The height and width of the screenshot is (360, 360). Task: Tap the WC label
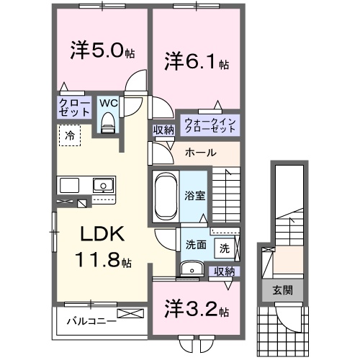pyautogui.click(x=107, y=103)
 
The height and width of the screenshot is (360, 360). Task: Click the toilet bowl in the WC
pyautogui.click(x=109, y=124)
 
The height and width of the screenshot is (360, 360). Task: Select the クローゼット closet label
pyautogui.click(x=74, y=108)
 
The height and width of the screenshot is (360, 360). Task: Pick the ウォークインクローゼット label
pyautogui.click(x=209, y=125)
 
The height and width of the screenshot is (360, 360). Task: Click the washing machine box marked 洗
pyautogui.click(x=225, y=248)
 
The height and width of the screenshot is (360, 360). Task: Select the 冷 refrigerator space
pyautogui.click(x=70, y=135)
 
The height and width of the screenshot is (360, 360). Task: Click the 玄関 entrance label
pyautogui.click(x=282, y=289)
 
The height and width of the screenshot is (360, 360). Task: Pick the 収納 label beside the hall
pyautogui.click(x=163, y=130)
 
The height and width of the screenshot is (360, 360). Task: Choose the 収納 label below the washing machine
pyautogui.click(x=225, y=271)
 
